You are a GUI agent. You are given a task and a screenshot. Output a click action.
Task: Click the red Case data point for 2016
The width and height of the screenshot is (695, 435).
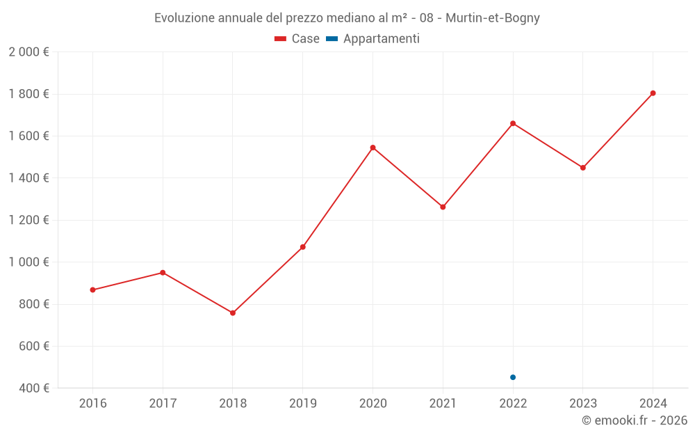pyautogui.click(x=92, y=290)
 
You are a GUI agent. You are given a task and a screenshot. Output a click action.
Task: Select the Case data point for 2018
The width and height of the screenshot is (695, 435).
pyautogui.click(x=233, y=313)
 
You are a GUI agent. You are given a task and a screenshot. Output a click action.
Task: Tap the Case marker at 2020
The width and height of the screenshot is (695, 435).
pyautogui.click(x=373, y=148)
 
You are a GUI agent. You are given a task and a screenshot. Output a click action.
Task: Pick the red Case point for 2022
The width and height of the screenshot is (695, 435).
pyautogui.click(x=513, y=123)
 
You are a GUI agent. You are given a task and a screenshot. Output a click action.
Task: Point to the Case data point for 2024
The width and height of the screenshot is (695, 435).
pyautogui.click(x=653, y=93)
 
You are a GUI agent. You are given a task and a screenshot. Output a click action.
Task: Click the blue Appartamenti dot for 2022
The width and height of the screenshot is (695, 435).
pyautogui.click(x=513, y=377)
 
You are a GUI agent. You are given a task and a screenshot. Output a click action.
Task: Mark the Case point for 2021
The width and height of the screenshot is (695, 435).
pyautogui.click(x=443, y=207)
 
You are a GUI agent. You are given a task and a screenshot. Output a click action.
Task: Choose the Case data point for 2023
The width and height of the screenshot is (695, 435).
pyautogui.click(x=583, y=168)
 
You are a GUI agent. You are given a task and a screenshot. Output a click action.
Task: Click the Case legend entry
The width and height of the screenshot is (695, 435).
pyautogui.click(x=297, y=39)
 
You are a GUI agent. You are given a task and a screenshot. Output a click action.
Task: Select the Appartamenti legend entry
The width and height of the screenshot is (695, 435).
pyautogui.click(x=373, y=39)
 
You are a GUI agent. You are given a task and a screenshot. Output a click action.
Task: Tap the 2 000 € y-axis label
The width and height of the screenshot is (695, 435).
pyautogui.click(x=28, y=52)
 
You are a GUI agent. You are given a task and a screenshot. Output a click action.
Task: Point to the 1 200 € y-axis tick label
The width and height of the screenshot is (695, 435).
pyautogui.click(x=28, y=220)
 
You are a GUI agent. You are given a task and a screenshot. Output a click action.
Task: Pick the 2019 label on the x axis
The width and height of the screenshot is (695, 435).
pyautogui.click(x=302, y=404)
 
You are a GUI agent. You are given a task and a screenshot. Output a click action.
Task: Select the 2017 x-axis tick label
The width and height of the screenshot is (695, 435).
pyautogui.click(x=163, y=404)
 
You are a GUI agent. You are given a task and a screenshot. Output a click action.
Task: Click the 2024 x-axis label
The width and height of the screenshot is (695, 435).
pyautogui.click(x=653, y=404)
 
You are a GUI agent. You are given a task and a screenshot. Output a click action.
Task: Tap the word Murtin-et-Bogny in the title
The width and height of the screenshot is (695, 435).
pyautogui.click(x=493, y=18)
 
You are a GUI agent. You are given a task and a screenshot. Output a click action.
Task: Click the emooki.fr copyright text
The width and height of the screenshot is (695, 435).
pyautogui.click(x=635, y=420)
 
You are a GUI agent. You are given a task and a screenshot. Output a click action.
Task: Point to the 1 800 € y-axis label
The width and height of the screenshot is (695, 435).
pyautogui.click(x=28, y=94)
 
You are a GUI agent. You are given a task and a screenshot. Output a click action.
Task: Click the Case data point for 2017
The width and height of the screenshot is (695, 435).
pyautogui.click(x=163, y=272)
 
